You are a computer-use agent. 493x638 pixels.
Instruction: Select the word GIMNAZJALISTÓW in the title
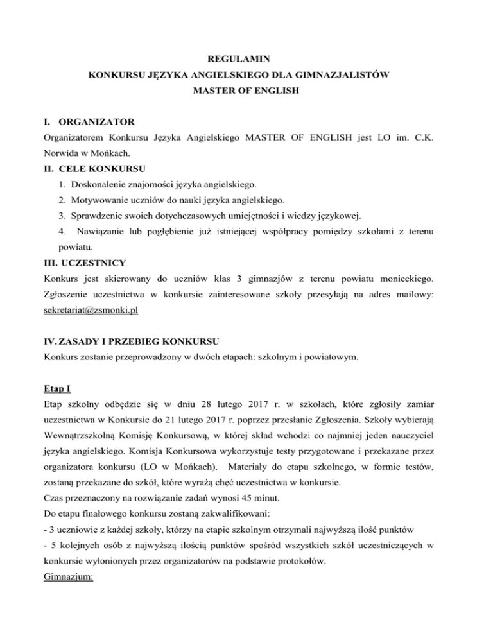[340, 75]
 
